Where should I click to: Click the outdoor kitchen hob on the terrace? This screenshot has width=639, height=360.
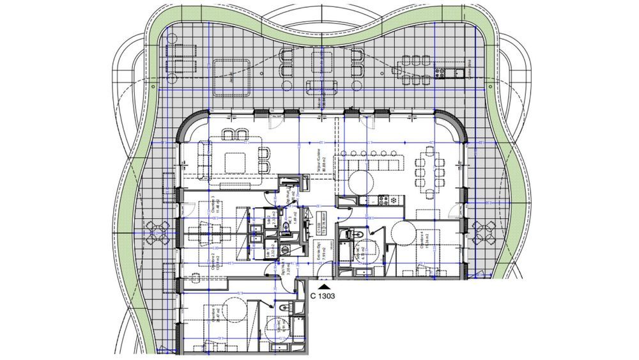click(x=447, y=72)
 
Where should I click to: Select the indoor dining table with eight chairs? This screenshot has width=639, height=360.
click(x=429, y=166)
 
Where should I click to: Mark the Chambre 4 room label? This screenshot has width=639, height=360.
click(x=424, y=241)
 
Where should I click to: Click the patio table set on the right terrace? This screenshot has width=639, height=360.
click(x=484, y=233)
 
